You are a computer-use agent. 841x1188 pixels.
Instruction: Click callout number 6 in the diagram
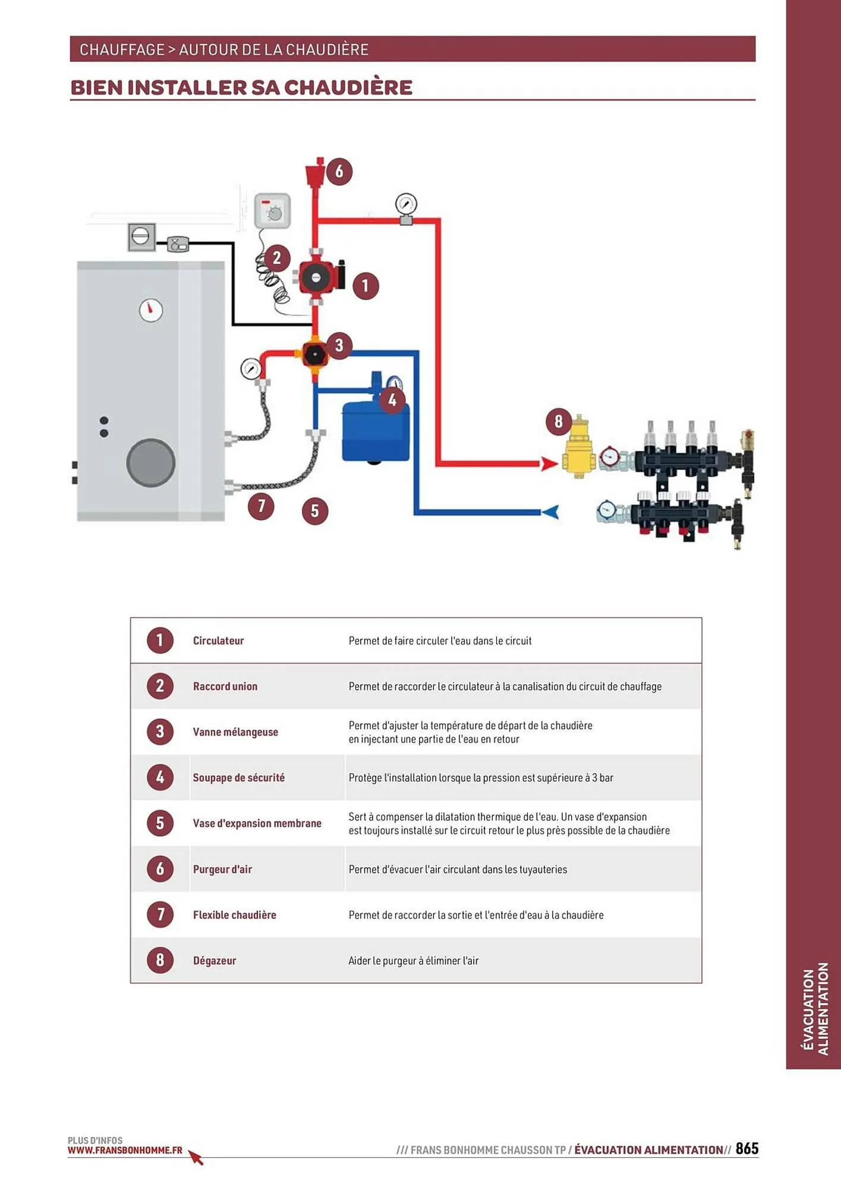coord(339,172)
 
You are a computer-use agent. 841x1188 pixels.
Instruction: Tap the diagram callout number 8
coord(558,422)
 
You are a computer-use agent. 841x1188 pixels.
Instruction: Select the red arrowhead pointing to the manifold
coord(549,463)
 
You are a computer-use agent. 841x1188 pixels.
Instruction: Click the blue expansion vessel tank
coord(375,431)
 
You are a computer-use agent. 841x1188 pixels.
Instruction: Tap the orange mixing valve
coord(314,355)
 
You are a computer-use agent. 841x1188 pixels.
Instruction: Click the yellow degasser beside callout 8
coord(578,447)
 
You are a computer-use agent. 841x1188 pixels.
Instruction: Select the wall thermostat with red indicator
coord(272,211)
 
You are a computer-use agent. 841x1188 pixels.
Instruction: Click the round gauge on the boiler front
coord(151,310)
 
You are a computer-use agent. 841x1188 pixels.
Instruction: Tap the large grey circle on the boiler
coord(151,463)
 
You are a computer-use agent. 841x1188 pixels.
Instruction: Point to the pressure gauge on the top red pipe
coord(406,205)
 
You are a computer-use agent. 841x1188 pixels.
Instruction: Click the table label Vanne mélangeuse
coord(235,732)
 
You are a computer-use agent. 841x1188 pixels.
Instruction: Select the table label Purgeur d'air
coord(222,869)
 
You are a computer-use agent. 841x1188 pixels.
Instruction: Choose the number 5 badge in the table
coord(160,823)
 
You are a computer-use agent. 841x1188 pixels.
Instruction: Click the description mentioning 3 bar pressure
coord(480,778)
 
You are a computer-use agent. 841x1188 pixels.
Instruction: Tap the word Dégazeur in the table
coord(215,960)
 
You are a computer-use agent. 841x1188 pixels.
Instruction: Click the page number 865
coord(746,1148)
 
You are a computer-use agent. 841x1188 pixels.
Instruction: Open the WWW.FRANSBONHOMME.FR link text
coord(125,1150)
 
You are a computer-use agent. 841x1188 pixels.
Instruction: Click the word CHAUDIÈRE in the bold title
coord(348,87)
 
